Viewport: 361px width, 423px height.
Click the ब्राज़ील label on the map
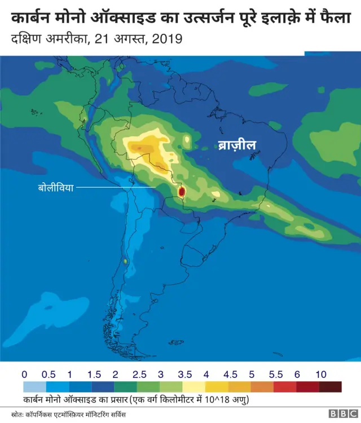coord(237,146)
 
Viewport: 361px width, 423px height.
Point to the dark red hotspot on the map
coord(182,192)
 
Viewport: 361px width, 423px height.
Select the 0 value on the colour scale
coord(24,374)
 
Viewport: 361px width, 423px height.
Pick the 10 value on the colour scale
coord(321,374)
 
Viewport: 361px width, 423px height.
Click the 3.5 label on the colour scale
coord(184,374)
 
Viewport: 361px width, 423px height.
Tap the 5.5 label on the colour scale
coord(275,374)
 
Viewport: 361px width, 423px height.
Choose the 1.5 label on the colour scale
coord(93,374)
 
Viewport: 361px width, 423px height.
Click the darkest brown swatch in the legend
coord(330,387)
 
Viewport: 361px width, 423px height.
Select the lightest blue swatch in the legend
coord(34,387)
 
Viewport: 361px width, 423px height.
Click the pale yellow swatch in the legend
coord(194,387)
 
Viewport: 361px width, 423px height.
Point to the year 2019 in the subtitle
coord(168,39)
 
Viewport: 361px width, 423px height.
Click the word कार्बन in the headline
coord(30,18)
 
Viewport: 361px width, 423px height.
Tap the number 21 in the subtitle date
coord(107,39)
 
